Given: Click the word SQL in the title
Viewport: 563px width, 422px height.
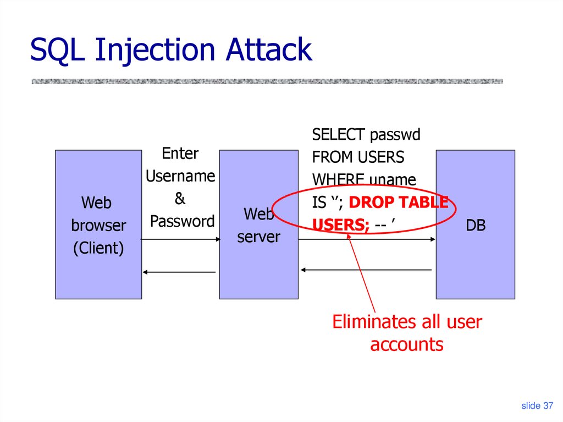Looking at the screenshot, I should (x=58, y=50).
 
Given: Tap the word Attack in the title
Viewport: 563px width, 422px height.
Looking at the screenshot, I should (x=269, y=50).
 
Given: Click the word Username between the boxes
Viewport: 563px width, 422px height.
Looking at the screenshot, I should (x=180, y=176).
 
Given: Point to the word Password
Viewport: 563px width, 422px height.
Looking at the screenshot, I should (x=182, y=221).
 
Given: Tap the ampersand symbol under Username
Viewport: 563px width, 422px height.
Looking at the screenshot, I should (x=180, y=199).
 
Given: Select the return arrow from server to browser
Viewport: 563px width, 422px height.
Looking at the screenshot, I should (x=179, y=272).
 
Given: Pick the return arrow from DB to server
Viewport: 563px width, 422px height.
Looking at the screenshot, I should (x=366, y=270).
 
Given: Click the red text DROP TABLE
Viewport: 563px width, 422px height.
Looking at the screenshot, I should (x=399, y=202).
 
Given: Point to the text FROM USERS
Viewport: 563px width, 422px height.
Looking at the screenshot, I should (x=358, y=157).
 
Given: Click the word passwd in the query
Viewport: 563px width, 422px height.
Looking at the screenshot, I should (x=395, y=135).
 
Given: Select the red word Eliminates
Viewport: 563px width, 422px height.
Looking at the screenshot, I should (x=372, y=321).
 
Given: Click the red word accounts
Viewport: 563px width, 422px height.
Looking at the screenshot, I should (x=406, y=344).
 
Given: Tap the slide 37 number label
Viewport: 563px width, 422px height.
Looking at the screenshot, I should (x=537, y=405).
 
